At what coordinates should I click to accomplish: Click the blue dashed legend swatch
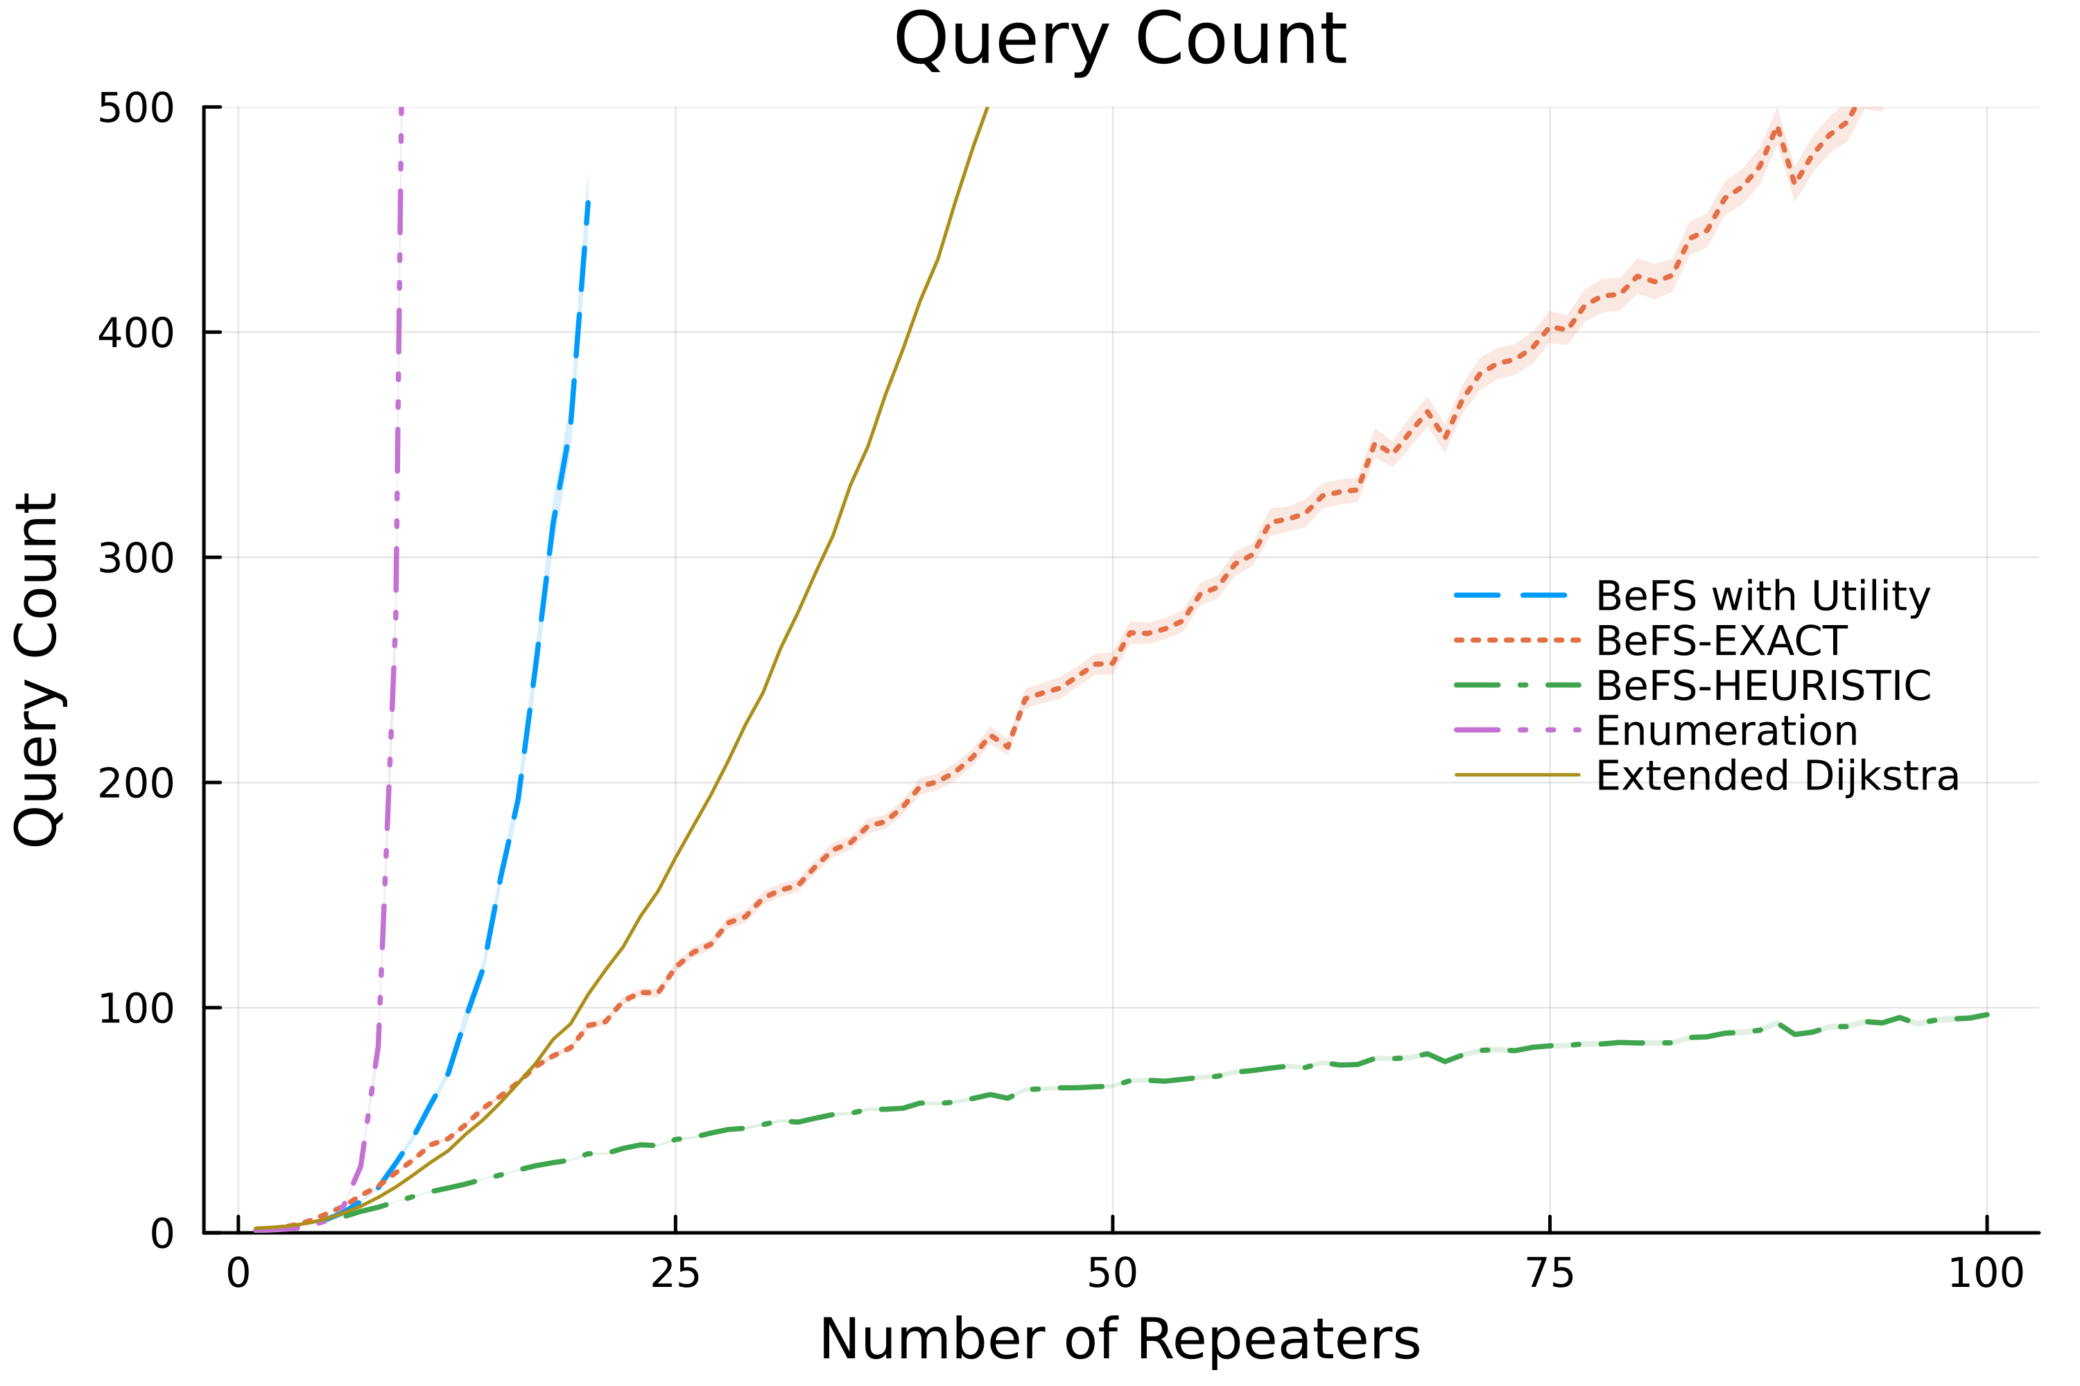pyautogui.click(x=1511, y=595)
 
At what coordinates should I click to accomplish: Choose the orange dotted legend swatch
pyautogui.click(x=1517, y=640)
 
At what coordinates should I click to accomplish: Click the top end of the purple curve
pyautogui.click(x=401, y=109)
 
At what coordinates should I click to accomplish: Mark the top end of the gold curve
pyautogui.click(x=987, y=109)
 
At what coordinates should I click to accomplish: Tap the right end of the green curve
pyautogui.click(x=1987, y=1015)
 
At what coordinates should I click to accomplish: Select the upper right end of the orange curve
pyautogui.click(x=1881, y=109)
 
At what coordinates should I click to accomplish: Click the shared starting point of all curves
pyautogui.click(x=257, y=1229)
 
